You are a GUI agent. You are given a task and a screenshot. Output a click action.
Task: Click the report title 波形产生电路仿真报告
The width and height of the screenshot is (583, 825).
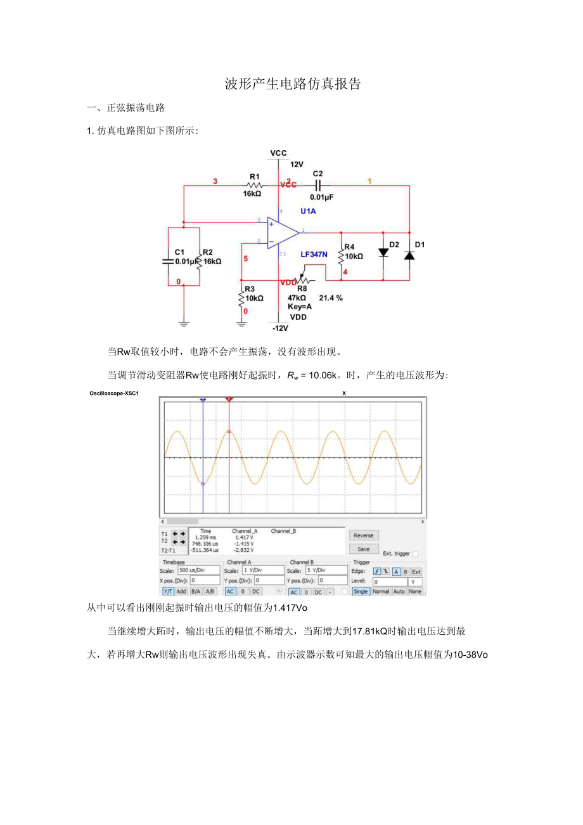click(293, 84)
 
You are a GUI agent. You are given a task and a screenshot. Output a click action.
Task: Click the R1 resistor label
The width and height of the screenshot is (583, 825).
click(254, 176)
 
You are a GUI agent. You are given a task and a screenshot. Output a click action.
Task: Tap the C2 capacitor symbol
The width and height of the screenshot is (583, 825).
click(318, 184)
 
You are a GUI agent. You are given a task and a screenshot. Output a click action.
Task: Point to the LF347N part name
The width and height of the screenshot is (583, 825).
click(314, 253)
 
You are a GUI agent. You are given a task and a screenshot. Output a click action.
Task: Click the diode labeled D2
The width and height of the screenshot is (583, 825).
click(383, 252)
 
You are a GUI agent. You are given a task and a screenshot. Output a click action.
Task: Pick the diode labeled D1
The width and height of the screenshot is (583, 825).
click(409, 255)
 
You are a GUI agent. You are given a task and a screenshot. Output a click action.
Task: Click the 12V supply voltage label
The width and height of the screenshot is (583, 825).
click(298, 164)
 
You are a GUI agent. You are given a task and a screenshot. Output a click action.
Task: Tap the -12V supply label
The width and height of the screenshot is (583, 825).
click(280, 328)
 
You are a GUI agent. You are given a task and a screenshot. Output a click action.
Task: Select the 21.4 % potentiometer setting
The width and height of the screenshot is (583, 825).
click(331, 298)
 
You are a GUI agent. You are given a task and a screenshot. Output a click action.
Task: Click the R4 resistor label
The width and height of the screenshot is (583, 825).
click(349, 246)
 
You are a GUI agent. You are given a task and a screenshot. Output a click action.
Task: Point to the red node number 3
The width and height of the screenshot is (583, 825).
click(215, 181)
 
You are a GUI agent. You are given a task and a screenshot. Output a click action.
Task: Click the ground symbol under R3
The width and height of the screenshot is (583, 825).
click(241, 323)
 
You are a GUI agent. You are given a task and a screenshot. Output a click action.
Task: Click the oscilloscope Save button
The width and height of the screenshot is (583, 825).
click(364, 549)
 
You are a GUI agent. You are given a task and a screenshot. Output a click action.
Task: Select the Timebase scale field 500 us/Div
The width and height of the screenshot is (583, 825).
click(198, 570)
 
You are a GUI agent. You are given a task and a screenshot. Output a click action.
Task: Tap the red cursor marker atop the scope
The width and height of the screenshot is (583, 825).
click(229, 400)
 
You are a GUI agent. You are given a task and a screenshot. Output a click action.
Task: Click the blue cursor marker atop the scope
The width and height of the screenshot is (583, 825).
click(203, 400)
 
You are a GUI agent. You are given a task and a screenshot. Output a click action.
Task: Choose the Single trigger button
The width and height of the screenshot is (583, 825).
click(361, 591)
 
